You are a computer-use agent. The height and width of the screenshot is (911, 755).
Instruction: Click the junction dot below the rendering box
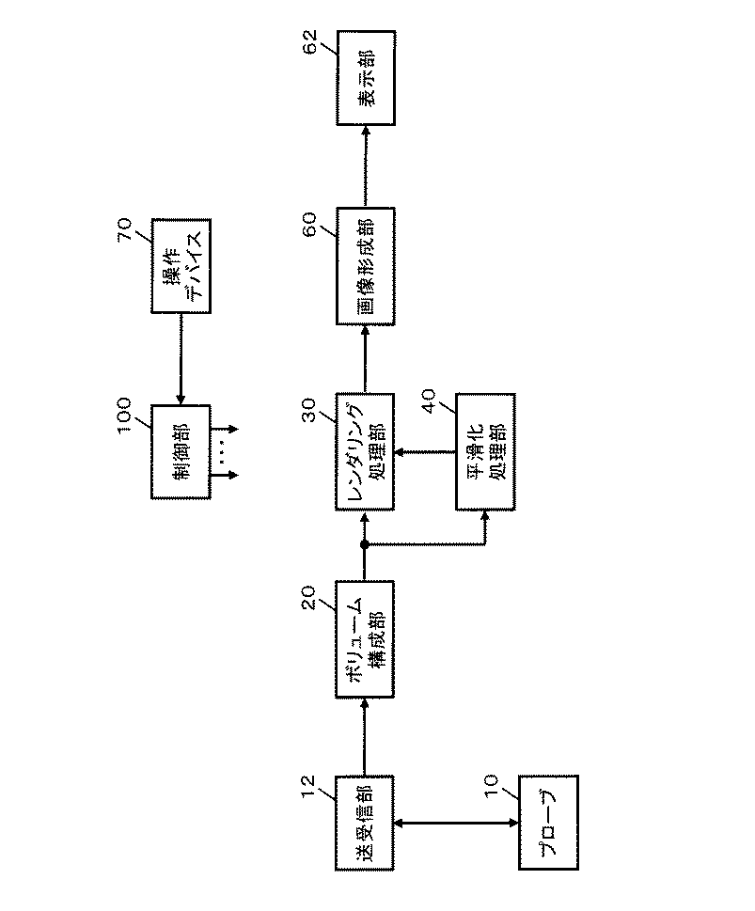coord(364,544)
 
